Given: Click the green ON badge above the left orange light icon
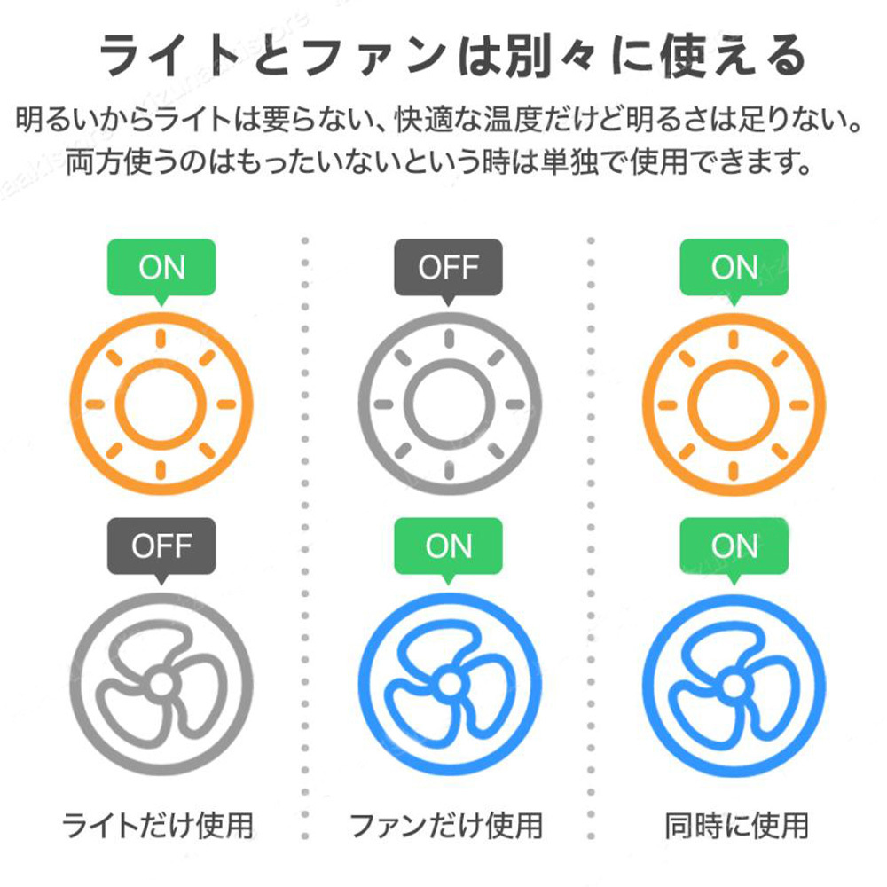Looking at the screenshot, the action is point(161,268).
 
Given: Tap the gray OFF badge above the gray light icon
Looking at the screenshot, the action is point(448,268).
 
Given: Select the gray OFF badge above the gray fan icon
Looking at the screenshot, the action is point(161,547).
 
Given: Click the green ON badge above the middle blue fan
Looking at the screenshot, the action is point(448,547).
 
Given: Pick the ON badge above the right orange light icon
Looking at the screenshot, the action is point(734,268).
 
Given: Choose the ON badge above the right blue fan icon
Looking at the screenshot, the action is point(734,547).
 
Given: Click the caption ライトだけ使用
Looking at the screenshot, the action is point(157,825).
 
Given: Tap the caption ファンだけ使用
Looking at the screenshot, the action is point(446,825).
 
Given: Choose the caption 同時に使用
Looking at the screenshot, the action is point(736,825).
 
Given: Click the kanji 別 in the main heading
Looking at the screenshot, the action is point(529,55).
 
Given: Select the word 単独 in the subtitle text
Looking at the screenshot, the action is point(569,162).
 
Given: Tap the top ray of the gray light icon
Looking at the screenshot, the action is point(449,339).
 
